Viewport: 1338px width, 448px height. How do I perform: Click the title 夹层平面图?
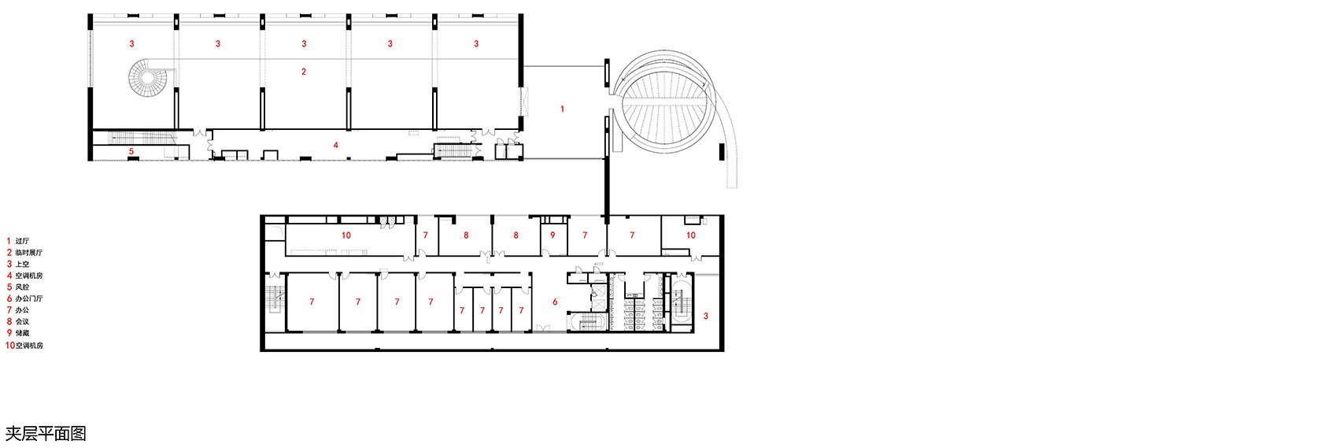coord(46,434)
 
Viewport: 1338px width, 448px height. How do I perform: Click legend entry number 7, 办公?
coord(18,310)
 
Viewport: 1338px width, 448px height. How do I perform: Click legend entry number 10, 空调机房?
coord(24,346)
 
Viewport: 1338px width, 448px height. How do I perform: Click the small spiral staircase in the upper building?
coord(147,78)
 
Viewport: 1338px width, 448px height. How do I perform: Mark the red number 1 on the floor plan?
coord(562,109)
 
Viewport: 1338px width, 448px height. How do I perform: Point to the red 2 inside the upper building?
coord(304,72)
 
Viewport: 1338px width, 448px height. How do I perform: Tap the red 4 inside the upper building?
coord(336,145)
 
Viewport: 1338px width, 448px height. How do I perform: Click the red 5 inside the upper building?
coord(131,152)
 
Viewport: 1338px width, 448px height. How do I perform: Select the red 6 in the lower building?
coord(555,302)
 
